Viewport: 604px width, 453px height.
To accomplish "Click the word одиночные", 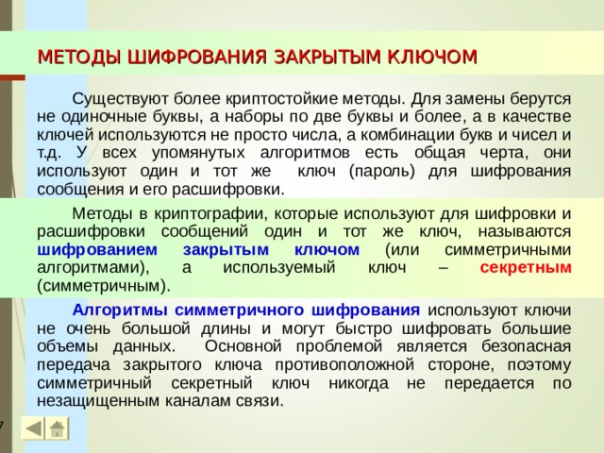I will (101, 116).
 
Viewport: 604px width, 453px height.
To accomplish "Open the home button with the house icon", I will (59, 428).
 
